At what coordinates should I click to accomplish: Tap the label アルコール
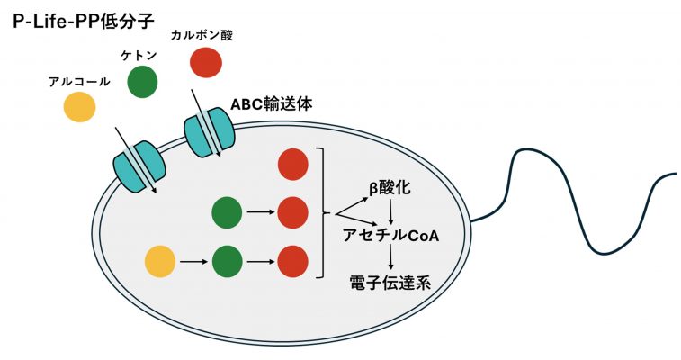click(79, 82)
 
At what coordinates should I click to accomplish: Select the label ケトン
click(139, 56)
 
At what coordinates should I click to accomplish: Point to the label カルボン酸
click(207, 34)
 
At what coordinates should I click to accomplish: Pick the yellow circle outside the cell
click(79, 108)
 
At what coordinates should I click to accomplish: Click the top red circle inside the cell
click(293, 165)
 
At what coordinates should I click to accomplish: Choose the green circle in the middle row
click(227, 213)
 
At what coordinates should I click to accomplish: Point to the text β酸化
click(390, 188)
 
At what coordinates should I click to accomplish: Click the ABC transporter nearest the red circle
click(209, 132)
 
